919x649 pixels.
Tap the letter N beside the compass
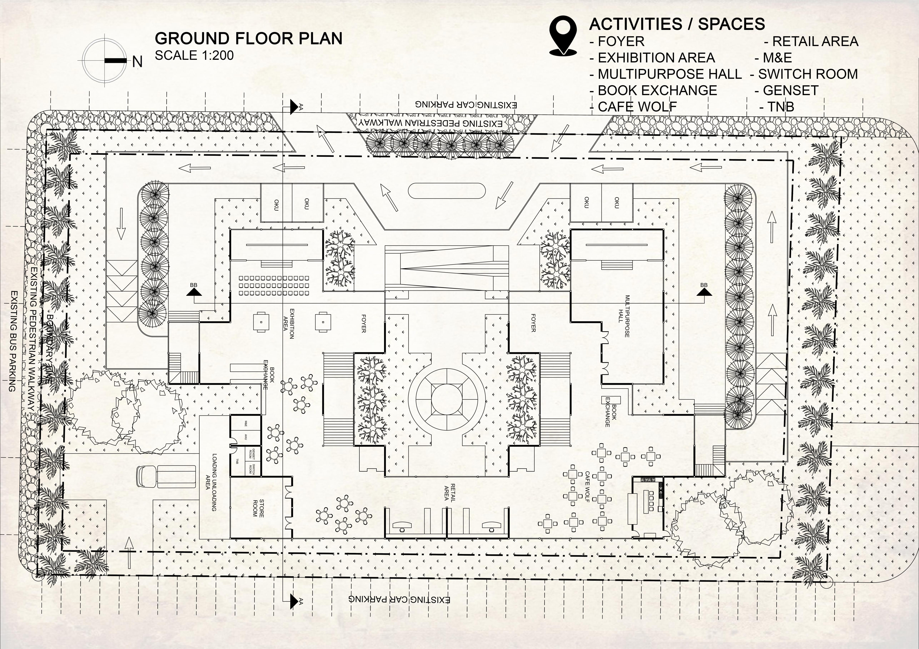(x=137, y=62)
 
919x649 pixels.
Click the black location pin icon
(x=563, y=35)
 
